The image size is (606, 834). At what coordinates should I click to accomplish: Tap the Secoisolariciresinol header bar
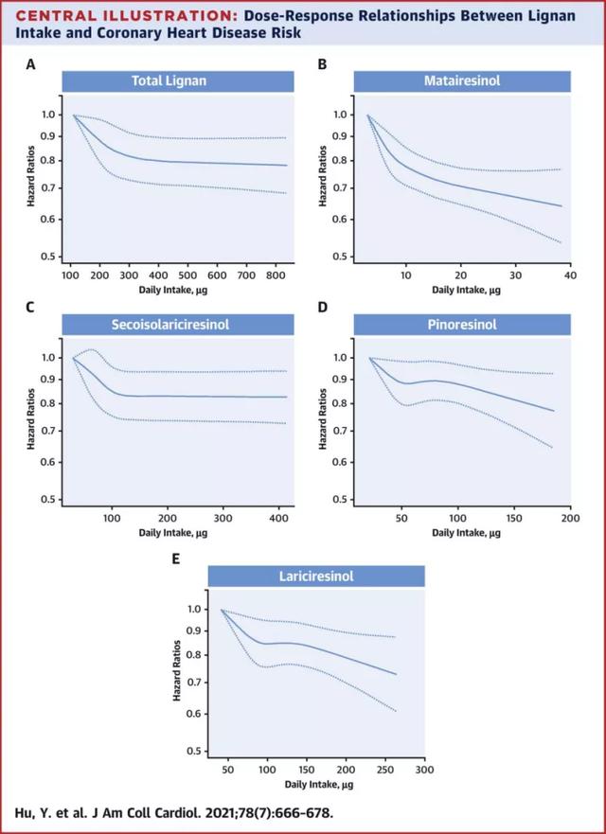click(176, 326)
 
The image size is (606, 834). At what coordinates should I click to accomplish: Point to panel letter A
click(31, 64)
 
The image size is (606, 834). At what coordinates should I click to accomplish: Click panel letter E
click(176, 559)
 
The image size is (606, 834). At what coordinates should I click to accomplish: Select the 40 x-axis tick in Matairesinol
click(569, 275)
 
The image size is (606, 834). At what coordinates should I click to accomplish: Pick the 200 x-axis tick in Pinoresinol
click(569, 518)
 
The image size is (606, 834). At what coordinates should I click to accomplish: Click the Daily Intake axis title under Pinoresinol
click(461, 533)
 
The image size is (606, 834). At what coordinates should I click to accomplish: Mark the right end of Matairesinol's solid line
click(561, 205)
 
